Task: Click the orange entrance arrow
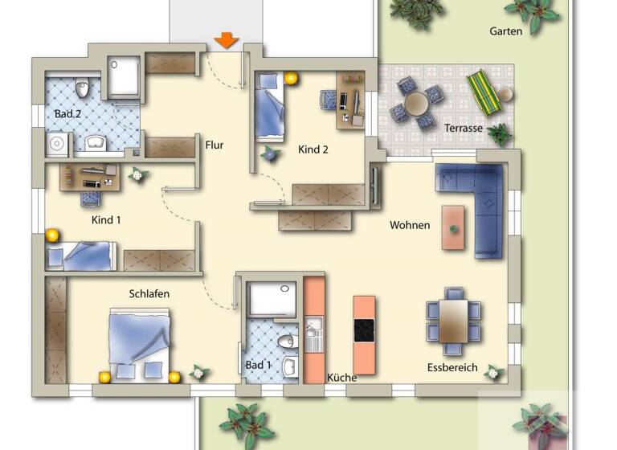227,39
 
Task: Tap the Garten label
505,31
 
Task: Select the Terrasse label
463,128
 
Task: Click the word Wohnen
410,225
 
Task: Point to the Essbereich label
452,368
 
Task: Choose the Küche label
341,377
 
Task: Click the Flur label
214,145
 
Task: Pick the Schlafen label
149,294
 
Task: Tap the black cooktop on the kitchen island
364,330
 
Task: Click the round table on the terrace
416,103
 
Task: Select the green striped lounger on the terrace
484,91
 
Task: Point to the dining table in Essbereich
454,320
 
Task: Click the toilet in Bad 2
81,88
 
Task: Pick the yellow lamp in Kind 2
290,78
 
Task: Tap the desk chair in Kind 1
90,197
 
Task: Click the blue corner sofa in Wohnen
482,201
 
